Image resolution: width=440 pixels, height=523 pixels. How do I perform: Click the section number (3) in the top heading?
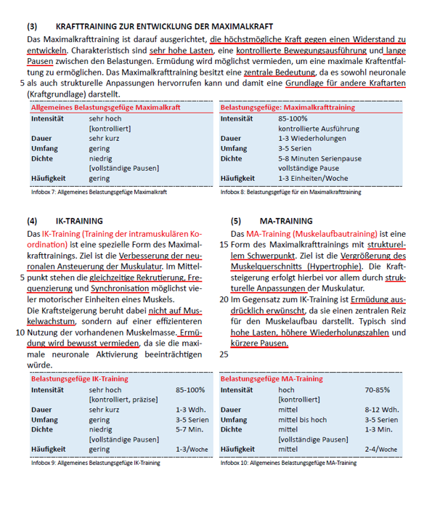tap(33, 25)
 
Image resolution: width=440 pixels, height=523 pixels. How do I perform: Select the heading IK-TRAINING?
tap(79, 221)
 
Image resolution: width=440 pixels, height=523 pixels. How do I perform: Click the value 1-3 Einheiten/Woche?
tap(313, 178)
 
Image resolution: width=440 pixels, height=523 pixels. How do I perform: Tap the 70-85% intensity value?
tap(377, 390)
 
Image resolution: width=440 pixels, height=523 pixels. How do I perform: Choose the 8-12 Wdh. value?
tap(381, 410)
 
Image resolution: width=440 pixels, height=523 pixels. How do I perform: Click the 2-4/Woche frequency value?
tap(381, 450)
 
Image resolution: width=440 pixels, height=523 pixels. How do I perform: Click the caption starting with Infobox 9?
tap(95, 462)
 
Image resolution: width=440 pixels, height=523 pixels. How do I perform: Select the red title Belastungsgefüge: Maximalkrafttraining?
tap(288, 107)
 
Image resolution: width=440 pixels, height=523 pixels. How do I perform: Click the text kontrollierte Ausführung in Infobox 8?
tap(318, 128)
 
